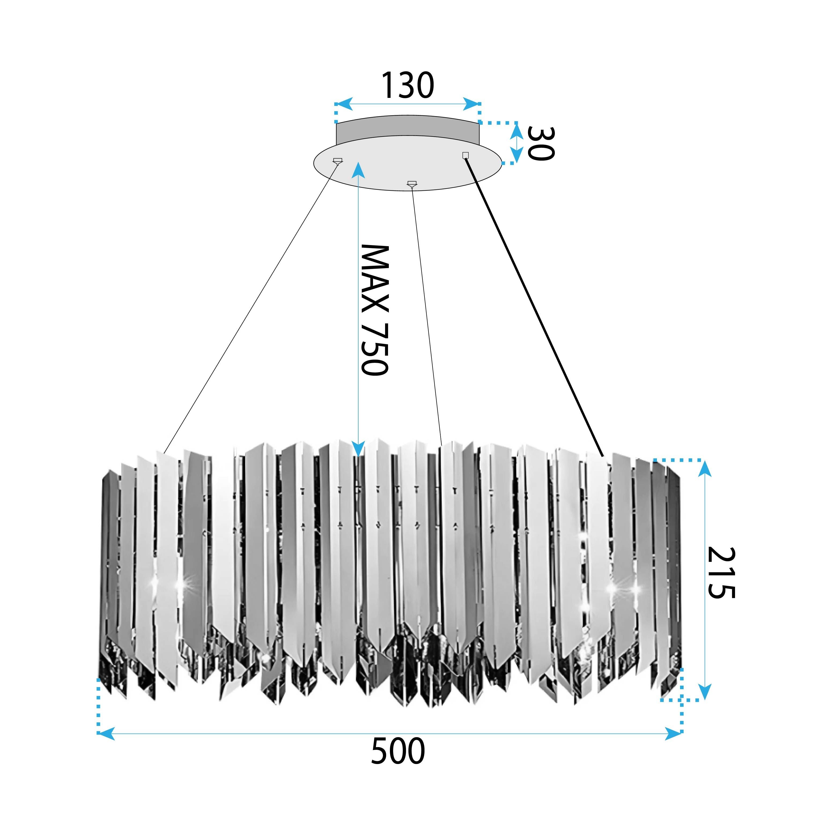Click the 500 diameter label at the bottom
[398, 752]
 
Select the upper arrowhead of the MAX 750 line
[358, 169]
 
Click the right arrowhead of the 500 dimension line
[674, 733]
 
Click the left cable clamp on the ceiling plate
[337, 161]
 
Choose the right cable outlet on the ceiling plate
[466, 155]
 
